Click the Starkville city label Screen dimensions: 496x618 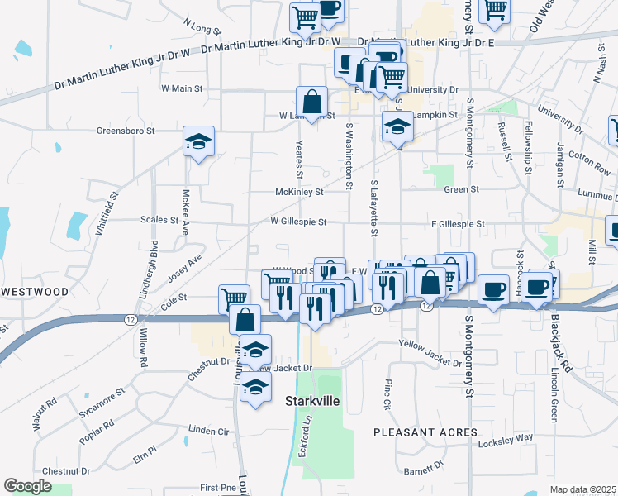[313, 401]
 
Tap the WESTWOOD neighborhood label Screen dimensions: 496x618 [35, 292]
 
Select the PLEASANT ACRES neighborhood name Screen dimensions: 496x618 [425, 432]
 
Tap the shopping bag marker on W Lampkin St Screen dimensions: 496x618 [313, 103]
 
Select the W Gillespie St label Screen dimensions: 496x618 [299, 222]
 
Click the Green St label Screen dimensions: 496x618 [462, 189]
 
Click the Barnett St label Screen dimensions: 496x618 [423, 470]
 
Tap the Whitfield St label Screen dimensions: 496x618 [107, 215]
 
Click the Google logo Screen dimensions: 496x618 [26, 486]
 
